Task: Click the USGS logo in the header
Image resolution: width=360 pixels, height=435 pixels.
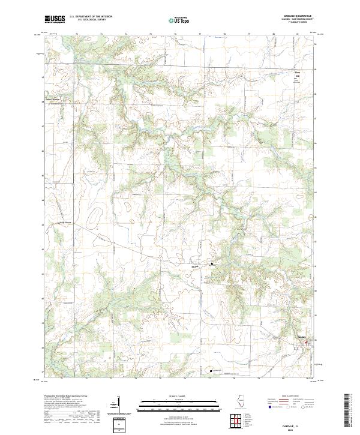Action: (55, 19)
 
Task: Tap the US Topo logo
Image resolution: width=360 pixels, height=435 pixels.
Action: (181, 20)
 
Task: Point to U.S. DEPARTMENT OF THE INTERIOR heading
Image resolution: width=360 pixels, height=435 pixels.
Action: (95, 17)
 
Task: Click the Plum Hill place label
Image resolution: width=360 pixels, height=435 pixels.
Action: (296, 74)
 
